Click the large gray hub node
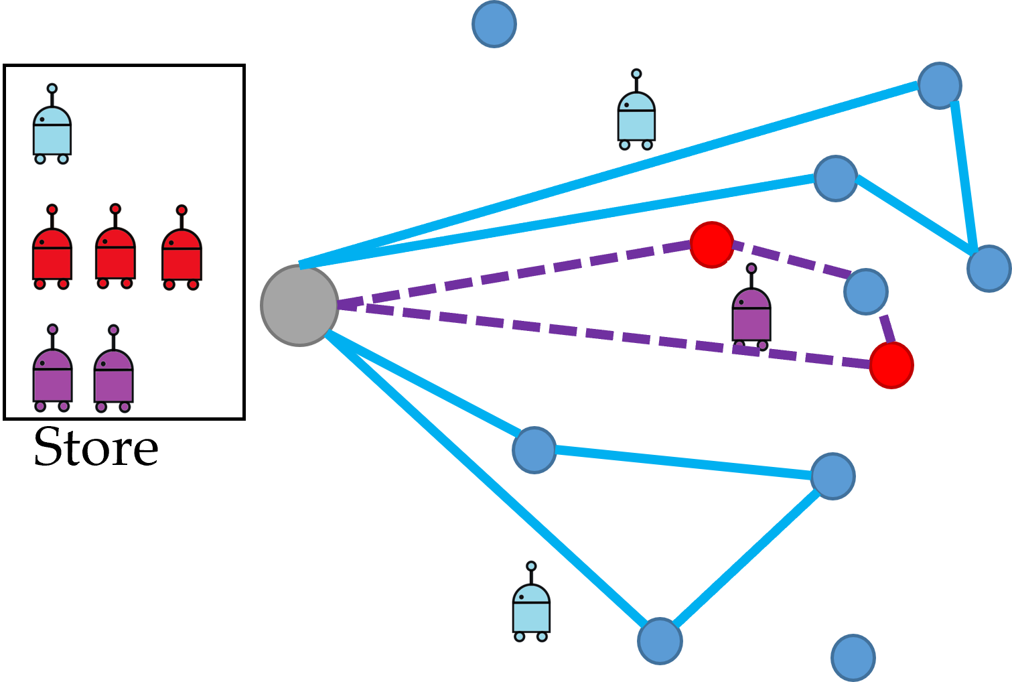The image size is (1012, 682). (x=299, y=305)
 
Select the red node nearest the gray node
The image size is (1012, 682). (x=711, y=245)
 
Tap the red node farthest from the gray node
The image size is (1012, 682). (x=891, y=365)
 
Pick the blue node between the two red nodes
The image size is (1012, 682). (x=865, y=291)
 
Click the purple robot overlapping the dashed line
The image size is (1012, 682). (x=751, y=312)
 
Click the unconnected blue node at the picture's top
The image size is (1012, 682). (x=494, y=24)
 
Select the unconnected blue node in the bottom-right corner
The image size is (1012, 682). (x=853, y=657)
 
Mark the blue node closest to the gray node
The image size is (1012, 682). (x=534, y=450)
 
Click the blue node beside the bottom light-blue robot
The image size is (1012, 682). (x=660, y=641)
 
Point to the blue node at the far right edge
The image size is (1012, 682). (x=989, y=269)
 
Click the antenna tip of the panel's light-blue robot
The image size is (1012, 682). (x=52, y=88)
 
